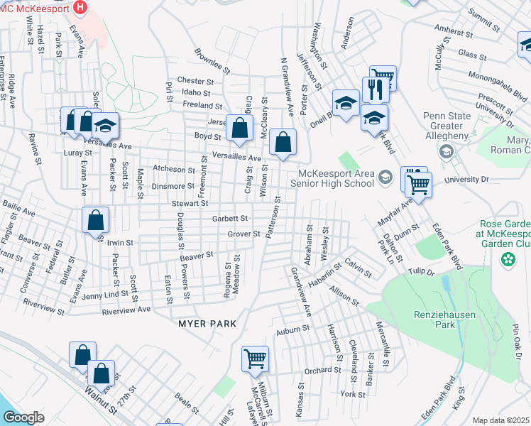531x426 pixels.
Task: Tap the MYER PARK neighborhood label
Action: (x=203, y=324)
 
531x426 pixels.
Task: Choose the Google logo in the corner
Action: (x=23, y=417)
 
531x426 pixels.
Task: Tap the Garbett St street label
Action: (x=229, y=219)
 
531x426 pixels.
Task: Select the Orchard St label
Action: (x=323, y=370)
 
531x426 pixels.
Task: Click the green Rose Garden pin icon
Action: (x=508, y=260)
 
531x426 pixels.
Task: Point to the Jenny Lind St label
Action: (x=105, y=295)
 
